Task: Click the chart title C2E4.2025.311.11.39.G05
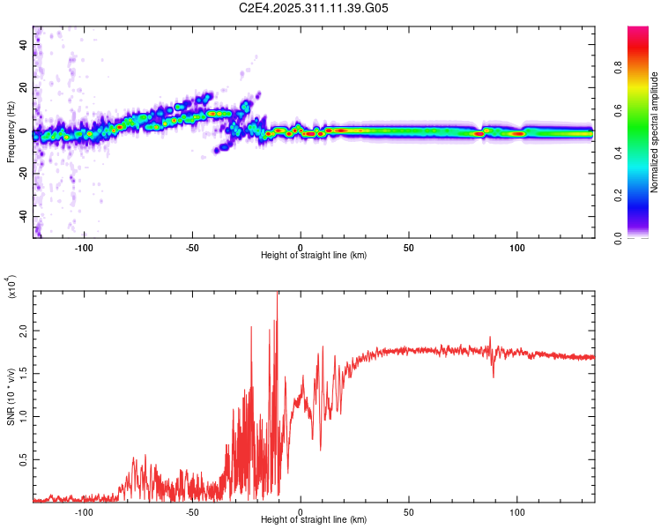[314, 8]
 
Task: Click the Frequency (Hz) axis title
[11, 132]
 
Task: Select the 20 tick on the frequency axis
[26, 87]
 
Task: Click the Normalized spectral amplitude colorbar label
[655, 133]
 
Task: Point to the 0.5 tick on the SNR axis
[23, 459]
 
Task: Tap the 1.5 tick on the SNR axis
[23, 373]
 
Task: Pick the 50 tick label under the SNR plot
[409, 511]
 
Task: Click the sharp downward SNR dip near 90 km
[494, 376]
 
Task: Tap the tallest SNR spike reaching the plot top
[278, 294]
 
